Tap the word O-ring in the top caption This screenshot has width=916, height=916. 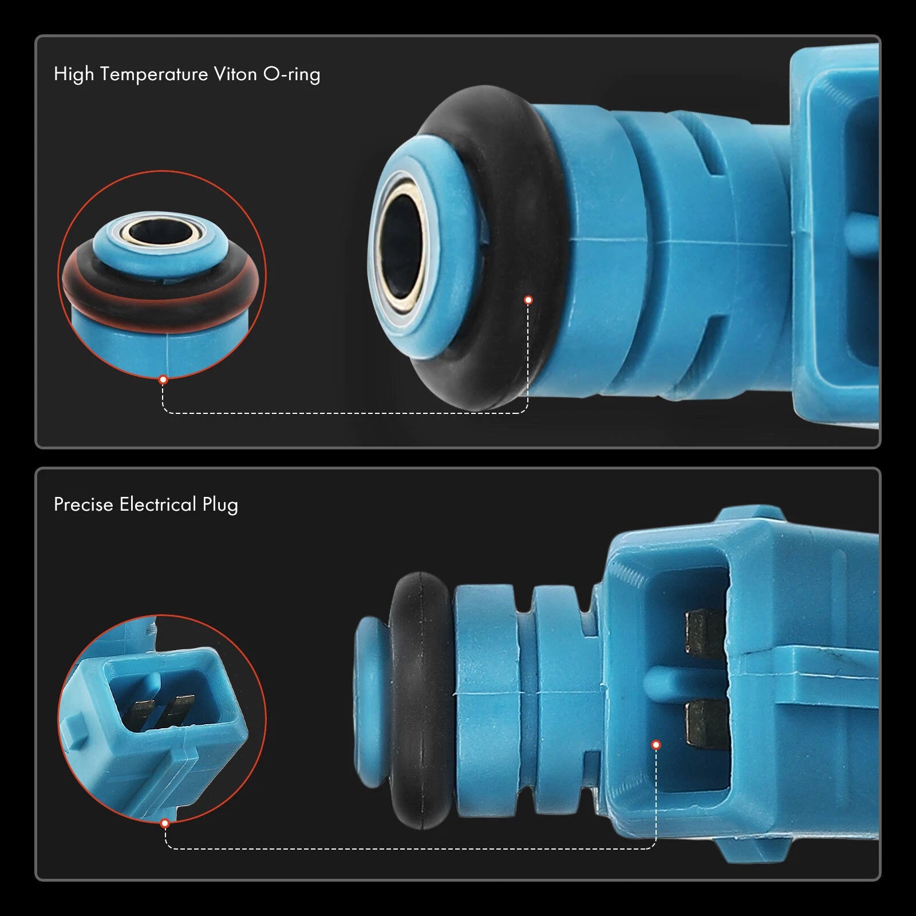pos(291,75)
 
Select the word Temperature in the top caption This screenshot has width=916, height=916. pos(154,75)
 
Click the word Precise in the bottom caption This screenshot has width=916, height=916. pos(84,504)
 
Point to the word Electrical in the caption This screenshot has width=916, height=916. pos(158,504)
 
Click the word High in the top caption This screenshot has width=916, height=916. pos(74,75)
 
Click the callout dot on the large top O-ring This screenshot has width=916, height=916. pos(528,300)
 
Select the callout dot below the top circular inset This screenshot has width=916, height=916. pos(163,380)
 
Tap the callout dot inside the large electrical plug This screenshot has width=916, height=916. pos(656,745)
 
